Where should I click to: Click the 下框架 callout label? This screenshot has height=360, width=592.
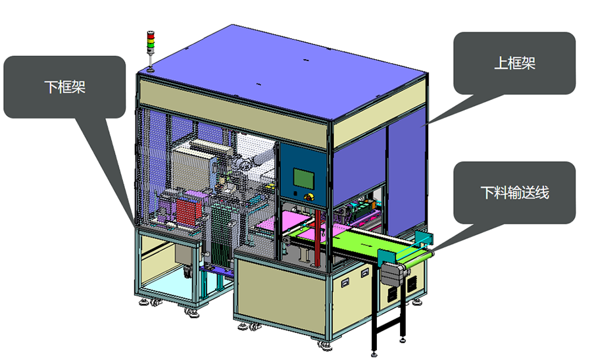(x=65, y=88)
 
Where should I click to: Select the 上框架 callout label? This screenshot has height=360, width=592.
(x=514, y=63)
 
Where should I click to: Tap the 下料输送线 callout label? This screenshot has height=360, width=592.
(x=514, y=193)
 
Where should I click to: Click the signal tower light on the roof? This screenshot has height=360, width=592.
(x=151, y=49)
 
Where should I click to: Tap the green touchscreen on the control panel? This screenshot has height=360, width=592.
(x=304, y=178)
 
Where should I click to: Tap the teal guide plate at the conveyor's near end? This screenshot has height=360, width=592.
(x=386, y=257)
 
